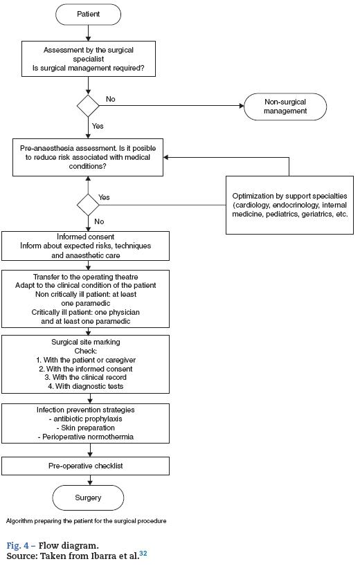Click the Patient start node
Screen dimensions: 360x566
point(88,14)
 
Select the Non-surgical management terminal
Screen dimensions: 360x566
point(285,107)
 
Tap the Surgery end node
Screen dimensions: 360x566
point(88,497)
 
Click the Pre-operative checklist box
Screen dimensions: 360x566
point(86,466)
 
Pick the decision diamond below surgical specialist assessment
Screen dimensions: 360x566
point(88,106)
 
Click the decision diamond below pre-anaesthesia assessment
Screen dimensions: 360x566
point(88,205)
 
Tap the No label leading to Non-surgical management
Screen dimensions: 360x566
point(111,99)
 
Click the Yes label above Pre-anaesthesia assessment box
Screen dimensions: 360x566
point(98,126)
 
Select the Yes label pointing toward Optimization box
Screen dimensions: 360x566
point(104,197)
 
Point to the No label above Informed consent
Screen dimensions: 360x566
point(99,221)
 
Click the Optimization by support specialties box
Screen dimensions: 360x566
point(289,205)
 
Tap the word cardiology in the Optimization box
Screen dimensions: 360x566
point(253,205)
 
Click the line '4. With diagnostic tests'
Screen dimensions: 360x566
point(86,386)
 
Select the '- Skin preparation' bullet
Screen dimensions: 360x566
point(86,428)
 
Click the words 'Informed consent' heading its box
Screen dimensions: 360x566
point(86,237)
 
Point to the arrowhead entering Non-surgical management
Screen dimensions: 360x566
point(242,106)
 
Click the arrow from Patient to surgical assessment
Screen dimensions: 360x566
point(88,33)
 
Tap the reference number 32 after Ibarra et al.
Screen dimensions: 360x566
point(143,553)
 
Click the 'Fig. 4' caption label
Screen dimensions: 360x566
point(18,545)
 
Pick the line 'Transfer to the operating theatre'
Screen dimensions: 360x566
point(86,277)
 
